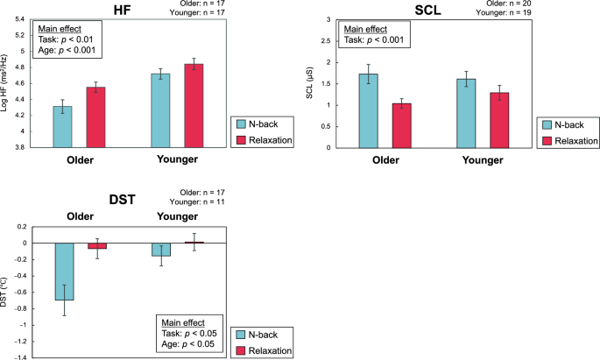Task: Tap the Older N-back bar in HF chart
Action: pyautogui.click(x=63, y=126)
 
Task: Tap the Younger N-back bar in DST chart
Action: pyautogui.click(x=160, y=250)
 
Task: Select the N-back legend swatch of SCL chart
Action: pyautogui.click(x=547, y=125)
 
